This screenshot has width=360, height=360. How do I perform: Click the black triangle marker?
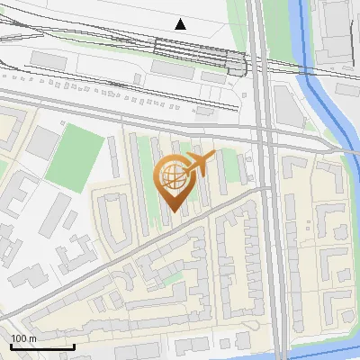pyautogui.click(x=181, y=24)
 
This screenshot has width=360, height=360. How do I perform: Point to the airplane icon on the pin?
pyautogui.click(x=200, y=164)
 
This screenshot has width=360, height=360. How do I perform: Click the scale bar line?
pyautogui.click(x=41, y=346)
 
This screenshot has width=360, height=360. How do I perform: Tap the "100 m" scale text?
pyautogui.click(x=24, y=337)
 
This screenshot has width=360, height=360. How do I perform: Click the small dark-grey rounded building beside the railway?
pyautogui.click(x=237, y=64)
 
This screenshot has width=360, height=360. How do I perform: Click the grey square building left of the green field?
pyautogui.click(x=40, y=142)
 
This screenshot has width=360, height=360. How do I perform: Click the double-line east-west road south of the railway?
pyautogui.click(x=135, y=108)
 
